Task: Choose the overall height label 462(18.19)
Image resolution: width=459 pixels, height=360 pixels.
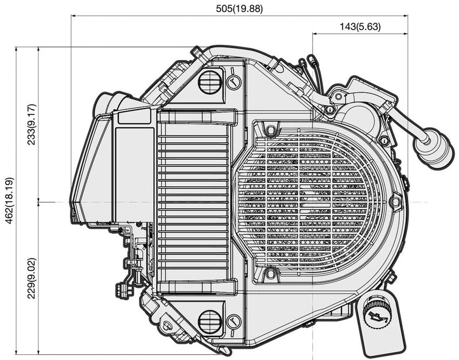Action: pos(8,201)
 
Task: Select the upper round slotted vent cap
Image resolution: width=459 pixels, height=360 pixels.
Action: pos(209,81)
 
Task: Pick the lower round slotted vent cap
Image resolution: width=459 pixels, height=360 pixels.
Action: pos(209,322)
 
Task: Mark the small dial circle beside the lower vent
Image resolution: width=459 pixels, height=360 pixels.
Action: pos(234,322)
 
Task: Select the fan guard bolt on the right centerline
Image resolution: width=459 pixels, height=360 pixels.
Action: pos(395,202)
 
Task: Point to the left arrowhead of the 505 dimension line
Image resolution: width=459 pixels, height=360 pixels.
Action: pos(74,16)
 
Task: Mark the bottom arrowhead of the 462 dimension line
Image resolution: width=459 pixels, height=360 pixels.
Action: pos(17,351)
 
